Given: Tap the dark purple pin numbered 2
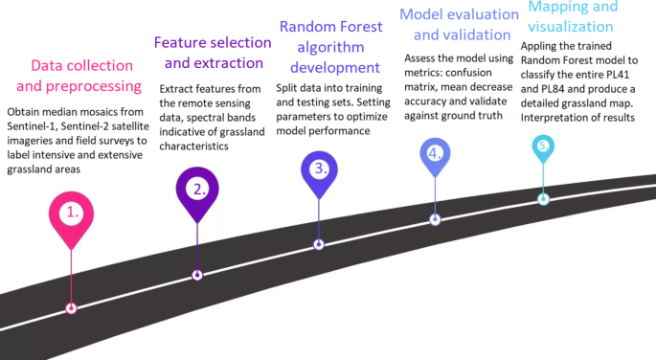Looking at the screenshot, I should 198,189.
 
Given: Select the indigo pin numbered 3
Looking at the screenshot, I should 319,168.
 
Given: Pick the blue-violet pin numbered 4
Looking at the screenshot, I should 435,153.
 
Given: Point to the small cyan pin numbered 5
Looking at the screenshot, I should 543,146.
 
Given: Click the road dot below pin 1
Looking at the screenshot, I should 71,308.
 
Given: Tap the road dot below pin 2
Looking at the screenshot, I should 197,275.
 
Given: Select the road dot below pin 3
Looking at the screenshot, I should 319,245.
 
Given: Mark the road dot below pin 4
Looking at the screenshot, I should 435,219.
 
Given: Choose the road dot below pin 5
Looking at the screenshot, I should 543,199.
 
